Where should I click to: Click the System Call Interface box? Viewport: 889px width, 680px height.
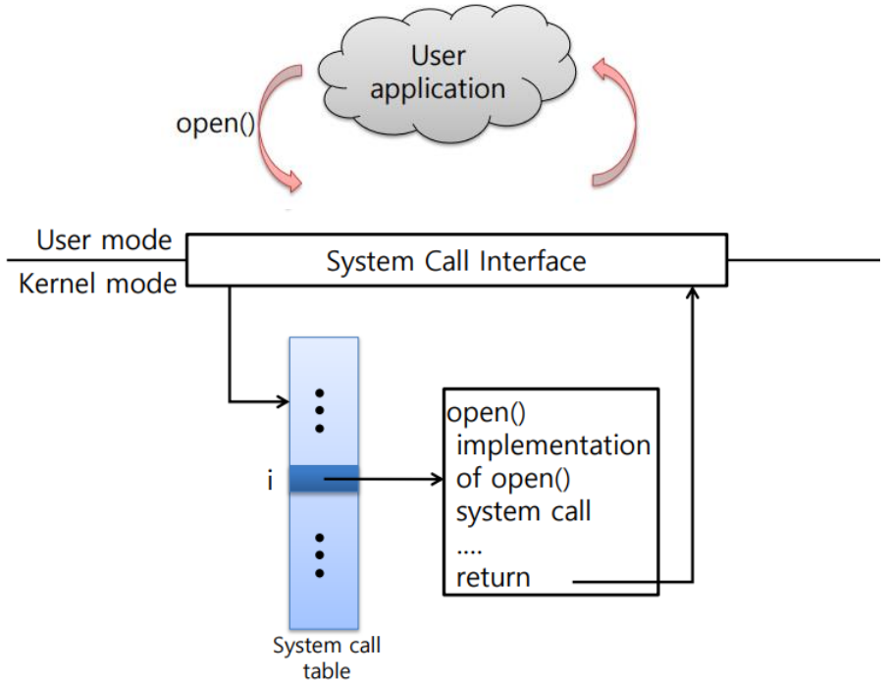coord(456,261)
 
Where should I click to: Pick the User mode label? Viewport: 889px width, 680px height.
coord(104,240)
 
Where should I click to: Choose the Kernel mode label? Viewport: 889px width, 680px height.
coord(97,285)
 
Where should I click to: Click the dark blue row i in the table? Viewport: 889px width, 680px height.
coord(324,481)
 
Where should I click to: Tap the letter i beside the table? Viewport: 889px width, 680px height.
coord(270,482)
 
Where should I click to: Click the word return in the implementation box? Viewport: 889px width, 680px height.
coord(493,577)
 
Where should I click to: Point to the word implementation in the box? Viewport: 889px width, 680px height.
coord(553,446)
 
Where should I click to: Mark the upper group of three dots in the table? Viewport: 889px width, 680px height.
coord(319,410)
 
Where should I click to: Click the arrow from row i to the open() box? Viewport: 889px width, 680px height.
coord(392,481)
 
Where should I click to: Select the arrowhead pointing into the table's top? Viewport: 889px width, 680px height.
coord(283,400)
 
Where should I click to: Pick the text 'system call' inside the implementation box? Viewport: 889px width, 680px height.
coord(524,512)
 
